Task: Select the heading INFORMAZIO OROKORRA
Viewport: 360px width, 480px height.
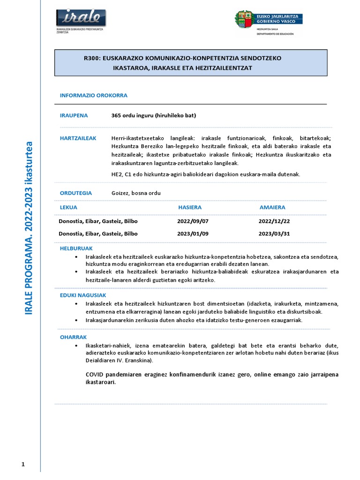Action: [93, 95]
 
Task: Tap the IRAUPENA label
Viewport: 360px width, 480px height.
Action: [74, 115]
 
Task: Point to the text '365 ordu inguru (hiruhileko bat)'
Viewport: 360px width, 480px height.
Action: [153, 115]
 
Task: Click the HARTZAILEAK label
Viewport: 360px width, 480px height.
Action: [78, 138]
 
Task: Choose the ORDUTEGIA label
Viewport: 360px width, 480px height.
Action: [75, 193]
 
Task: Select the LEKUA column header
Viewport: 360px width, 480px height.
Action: [68, 207]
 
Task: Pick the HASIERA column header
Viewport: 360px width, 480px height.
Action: [190, 207]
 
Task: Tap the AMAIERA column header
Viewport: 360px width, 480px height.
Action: [272, 207]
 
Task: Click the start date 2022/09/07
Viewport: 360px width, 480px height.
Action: [193, 221]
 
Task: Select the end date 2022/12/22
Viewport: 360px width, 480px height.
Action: [274, 221]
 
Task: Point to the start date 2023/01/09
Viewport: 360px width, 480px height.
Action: [193, 233]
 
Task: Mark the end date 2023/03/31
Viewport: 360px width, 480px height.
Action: [274, 233]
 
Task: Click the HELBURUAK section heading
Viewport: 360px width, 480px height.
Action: [76, 248]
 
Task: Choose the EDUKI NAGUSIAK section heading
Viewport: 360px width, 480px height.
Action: [83, 295]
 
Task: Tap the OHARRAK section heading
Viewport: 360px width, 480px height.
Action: [73, 337]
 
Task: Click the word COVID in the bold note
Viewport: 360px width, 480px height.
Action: [96, 375]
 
